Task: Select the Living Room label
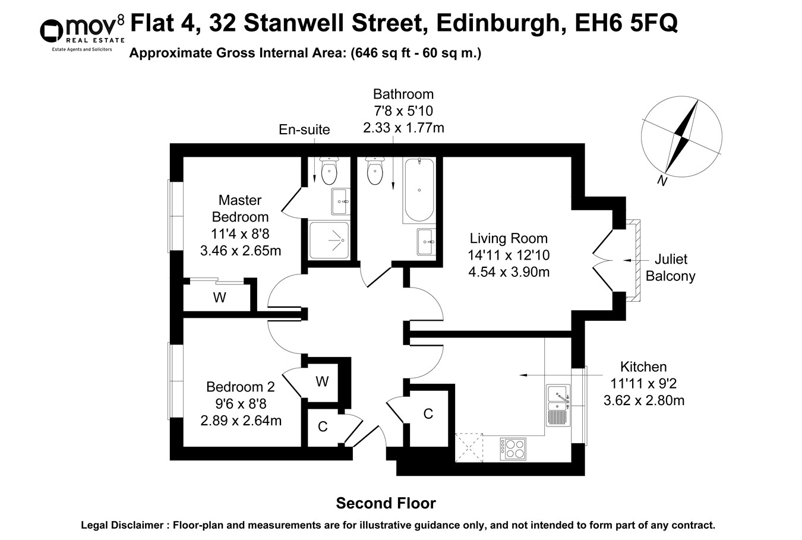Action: click(x=508, y=239)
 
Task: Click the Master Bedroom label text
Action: click(x=240, y=209)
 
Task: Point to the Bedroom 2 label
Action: click(x=240, y=387)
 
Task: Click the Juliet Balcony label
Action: click(x=670, y=267)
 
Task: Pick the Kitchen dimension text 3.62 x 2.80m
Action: click(x=643, y=401)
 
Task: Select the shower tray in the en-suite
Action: click(x=329, y=240)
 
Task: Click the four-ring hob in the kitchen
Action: click(x=513, y=449)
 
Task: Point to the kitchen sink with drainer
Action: click(x=558, y=405)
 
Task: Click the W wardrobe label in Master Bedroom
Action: click(x=219, y=298)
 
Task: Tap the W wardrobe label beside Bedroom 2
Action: click(x=322, y=381)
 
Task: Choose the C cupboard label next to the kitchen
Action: click(x=428, y=414)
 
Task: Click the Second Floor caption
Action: click(x=386, y=504)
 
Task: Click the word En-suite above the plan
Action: click(x=304, y=130)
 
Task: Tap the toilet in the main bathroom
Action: click(x=375, y=172)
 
